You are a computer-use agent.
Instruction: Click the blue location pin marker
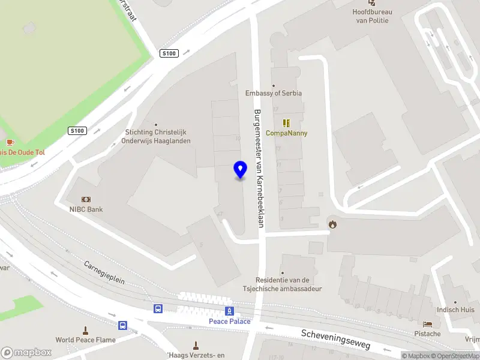[240, 170]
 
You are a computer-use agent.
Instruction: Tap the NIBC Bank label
[86, 209]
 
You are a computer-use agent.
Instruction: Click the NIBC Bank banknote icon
[86, 199]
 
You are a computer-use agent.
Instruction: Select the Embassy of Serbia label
[274, 93]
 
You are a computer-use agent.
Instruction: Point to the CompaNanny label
[286, 133]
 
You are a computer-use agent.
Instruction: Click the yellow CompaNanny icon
[286, 122]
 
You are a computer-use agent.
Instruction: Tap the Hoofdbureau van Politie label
[372, 16]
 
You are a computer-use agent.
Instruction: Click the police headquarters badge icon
[372, 2]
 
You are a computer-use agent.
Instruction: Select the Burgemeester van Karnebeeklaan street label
[259, 169]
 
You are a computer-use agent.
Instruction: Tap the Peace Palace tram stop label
[229, 321]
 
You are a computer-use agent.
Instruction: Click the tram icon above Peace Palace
[229, 310]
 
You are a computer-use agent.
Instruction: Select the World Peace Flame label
[86, 340]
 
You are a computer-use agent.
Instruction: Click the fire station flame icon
[332, 224]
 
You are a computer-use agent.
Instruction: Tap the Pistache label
[427, 334]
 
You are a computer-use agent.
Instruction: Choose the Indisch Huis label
[455, 310]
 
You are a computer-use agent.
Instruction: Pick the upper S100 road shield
[169, 53]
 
